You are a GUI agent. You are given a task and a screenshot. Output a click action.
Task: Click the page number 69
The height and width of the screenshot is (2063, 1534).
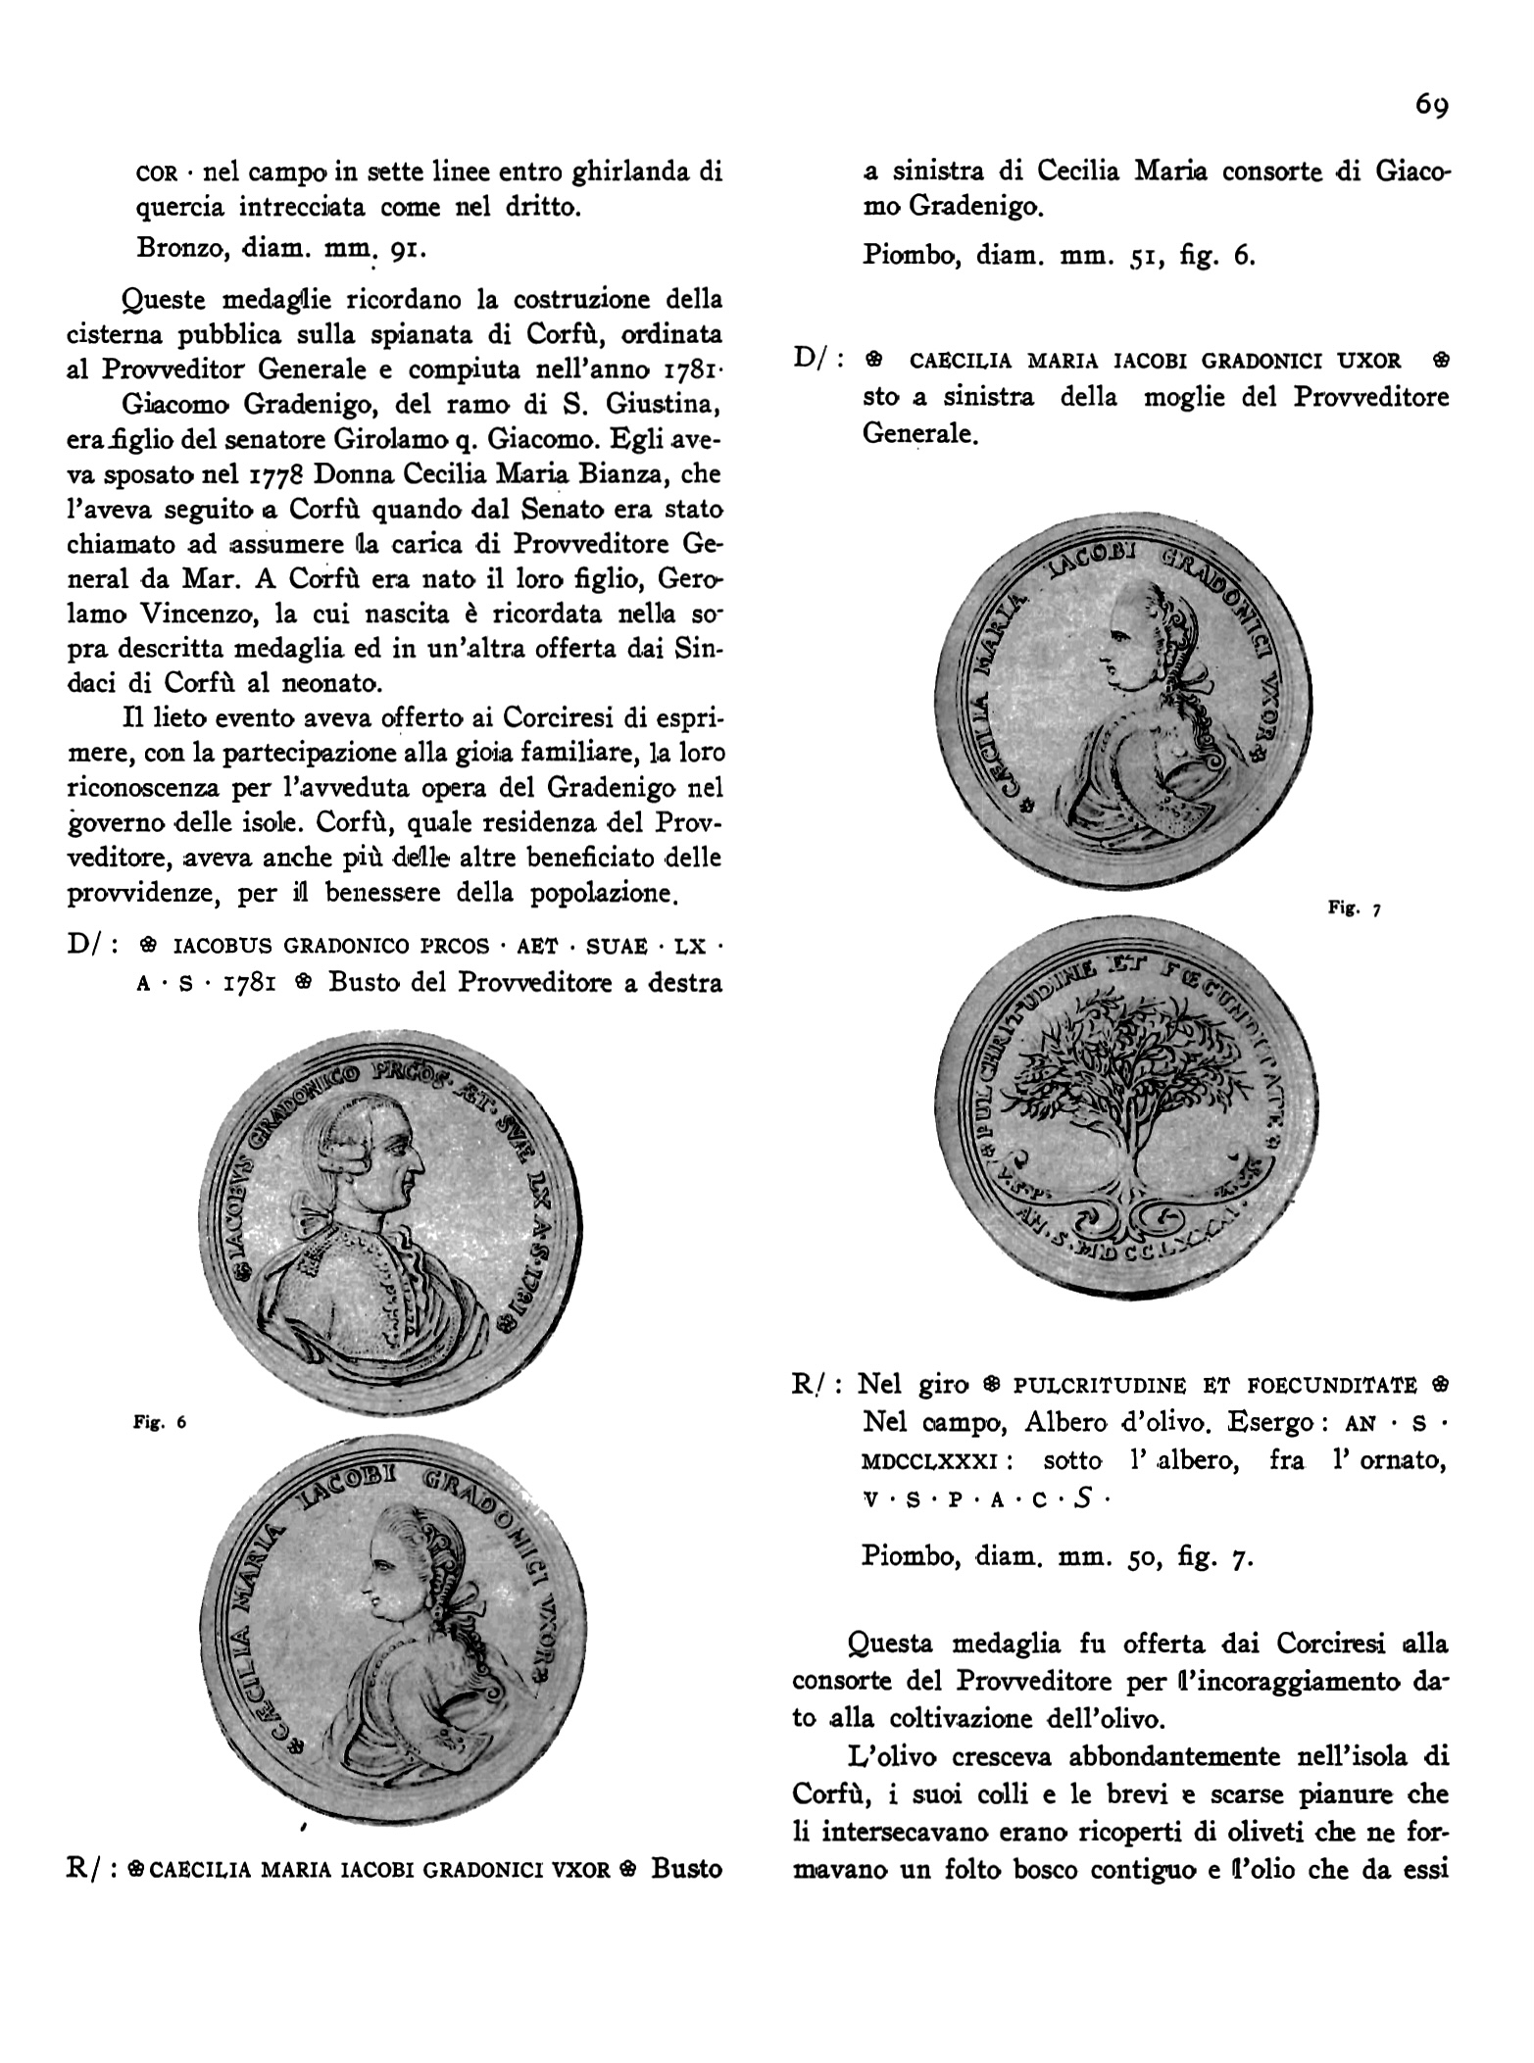click(1430, 105)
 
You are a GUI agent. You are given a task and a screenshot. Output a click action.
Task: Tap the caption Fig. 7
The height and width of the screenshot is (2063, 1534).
click(1353, 909)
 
